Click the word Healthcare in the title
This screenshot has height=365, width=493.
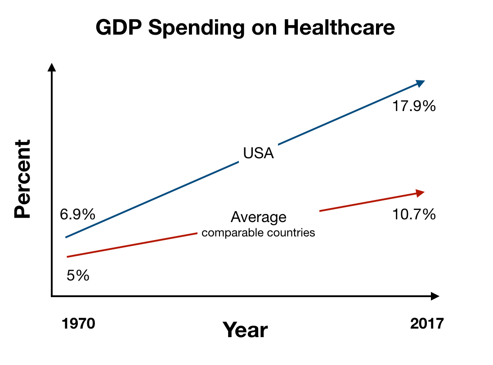click(339, 28)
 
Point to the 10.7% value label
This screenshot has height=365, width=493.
click(414, 215)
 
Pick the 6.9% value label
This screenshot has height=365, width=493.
click(77, 214)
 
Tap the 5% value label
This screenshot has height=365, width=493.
click(78, 275)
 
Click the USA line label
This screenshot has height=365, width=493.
click(258, 153)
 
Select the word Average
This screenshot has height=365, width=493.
click(258, 217)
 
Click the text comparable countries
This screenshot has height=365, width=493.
click(258, 233)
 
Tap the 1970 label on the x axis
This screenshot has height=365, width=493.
click(79, 324)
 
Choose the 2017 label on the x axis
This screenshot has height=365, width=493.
click(427, 324)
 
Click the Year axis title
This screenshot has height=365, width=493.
click(246, 330)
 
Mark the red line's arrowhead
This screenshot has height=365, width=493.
click(420, 193)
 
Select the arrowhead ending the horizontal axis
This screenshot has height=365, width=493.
click(435, 296)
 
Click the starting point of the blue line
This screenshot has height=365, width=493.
click(66, 237)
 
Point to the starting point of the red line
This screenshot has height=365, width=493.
click(67, 257)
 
